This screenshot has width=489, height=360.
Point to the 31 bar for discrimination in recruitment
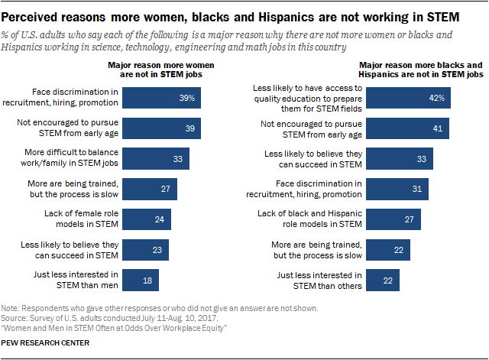point(393,189)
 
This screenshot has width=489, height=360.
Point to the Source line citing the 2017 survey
point(99,316)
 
